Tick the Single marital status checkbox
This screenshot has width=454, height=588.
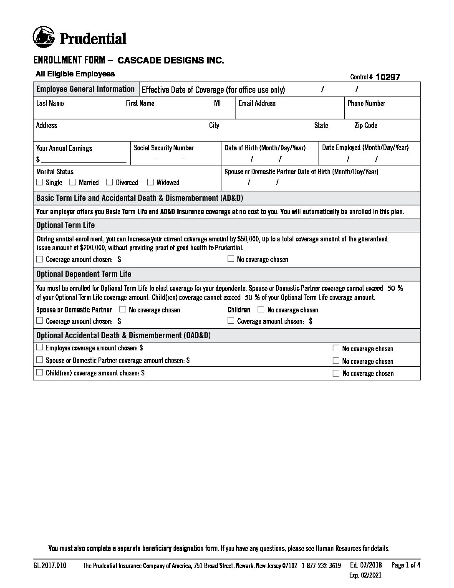[x=40, y=182]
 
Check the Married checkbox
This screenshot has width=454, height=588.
[x=73, y=182]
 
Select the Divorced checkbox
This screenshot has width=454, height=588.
[x=110, y=182]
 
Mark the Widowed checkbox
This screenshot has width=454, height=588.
[x=151, y=182]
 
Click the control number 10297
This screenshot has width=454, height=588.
[x=388, y=77]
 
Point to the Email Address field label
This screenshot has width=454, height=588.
[x=257, y=103]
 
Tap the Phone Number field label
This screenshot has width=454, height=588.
[x=366, y=103]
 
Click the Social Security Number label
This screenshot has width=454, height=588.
[x=164, y=148]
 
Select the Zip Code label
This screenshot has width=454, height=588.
[x=366, y=125]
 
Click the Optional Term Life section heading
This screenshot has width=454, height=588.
[x=66, y=225]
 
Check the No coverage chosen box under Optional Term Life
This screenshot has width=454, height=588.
[x=231, y=259]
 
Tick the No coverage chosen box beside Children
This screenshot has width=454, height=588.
[x=261, y=309]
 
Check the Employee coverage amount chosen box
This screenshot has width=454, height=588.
[x=40, y=347]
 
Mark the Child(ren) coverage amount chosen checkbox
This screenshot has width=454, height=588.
[x=40, y=373]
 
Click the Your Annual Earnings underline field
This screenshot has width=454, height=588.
[x=83, y=159]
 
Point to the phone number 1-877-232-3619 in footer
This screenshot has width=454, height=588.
[x=321, y=566]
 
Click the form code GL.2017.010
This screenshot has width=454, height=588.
[x=50, y=566]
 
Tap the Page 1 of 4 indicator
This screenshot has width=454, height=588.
[x=406, y=565]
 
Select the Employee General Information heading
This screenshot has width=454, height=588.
[x=85, y=89]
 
